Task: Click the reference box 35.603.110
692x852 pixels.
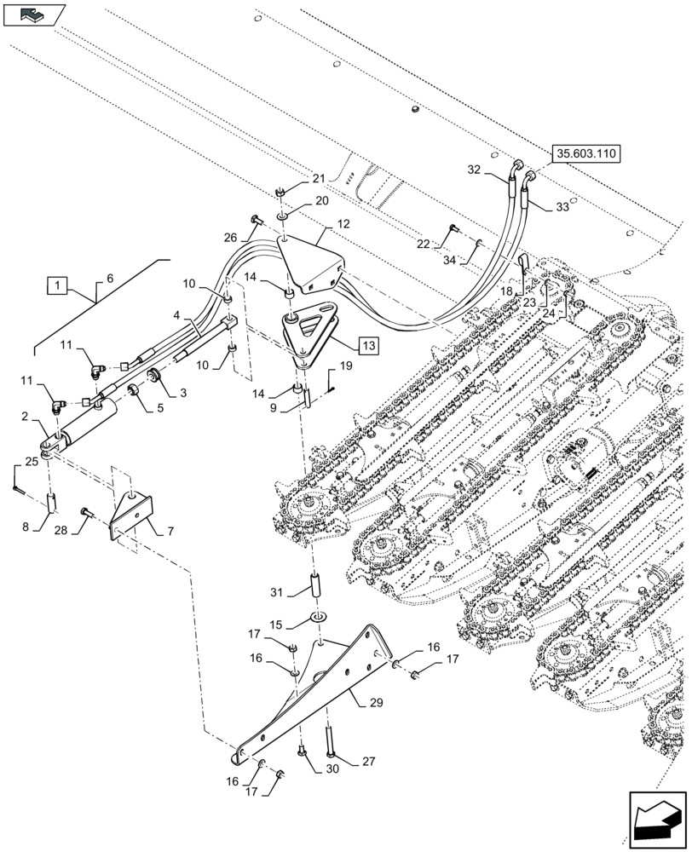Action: pos(587,154)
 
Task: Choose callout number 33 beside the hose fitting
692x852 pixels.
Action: pos(562,207)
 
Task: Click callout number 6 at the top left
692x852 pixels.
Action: pos(109,279)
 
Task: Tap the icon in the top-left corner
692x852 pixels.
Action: pos(34,14)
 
